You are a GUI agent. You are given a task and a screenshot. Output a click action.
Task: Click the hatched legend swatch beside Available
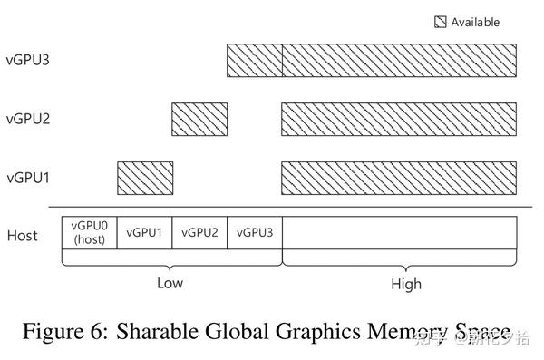coord(440,22)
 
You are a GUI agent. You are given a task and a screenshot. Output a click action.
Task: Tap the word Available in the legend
coord(475,22)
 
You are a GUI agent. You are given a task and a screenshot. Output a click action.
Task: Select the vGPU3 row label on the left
coord(27,61)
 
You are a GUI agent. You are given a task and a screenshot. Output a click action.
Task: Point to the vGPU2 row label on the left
coord(27,118)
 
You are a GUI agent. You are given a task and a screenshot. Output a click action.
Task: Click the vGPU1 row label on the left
coord(27,176)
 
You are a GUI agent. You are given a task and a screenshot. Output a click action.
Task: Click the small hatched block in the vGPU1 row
coord(144,176)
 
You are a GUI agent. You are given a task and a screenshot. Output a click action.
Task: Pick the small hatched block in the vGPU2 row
coord(199,119)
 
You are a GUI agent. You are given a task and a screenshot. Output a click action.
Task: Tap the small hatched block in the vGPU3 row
coord(255,61)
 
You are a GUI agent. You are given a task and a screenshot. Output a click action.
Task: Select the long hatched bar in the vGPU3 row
coord(400,61)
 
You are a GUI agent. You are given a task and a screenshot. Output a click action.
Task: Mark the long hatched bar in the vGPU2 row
coord(400,119)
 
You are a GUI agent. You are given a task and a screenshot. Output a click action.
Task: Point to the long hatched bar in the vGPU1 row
coord(400,176)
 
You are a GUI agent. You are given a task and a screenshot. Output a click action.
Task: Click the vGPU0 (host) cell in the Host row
coord(90,233)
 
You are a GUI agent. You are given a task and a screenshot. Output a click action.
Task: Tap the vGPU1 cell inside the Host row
coord(144,232)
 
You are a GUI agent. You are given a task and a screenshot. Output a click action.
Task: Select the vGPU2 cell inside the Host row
coord(199,232)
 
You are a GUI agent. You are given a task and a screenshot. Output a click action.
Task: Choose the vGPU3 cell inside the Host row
coord(255,232)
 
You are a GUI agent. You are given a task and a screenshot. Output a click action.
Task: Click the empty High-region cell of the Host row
coord(400,233)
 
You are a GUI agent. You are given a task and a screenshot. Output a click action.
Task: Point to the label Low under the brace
coord(170,283)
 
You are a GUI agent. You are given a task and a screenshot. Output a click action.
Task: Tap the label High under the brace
coord(406,284)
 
